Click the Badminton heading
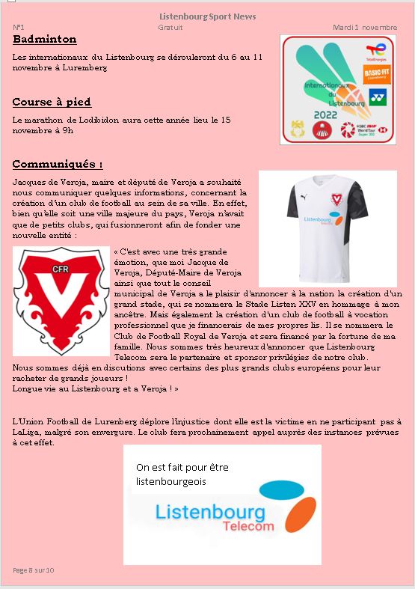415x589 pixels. [45, 39]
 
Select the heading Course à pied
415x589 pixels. [52, 102]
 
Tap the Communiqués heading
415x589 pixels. [58, 164]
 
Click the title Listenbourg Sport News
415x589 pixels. [207, 16]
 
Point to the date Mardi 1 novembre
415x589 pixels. [365, 27]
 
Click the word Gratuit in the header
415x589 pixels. [170, 27]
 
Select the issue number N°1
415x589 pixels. [19, 27]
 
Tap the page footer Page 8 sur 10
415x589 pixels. [34, 570]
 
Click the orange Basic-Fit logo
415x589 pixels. [374, 75]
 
